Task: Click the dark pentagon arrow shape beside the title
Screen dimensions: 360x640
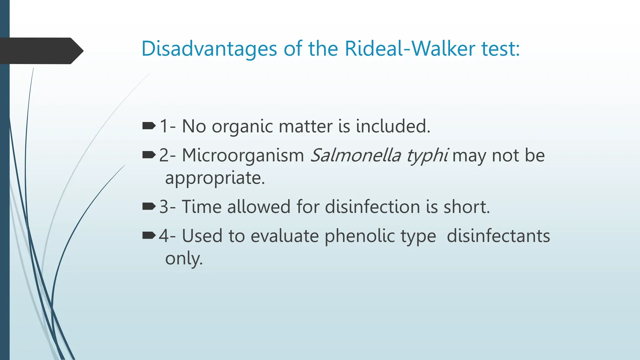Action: point(41,51)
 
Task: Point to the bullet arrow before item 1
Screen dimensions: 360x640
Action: point(149,126)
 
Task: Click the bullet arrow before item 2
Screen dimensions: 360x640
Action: point(149,155)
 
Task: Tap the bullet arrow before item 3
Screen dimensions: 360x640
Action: point(149,207)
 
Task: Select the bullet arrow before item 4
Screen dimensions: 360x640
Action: point(149,235)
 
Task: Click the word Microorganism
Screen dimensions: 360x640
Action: point(243,155)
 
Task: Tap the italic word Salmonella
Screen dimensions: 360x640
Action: point(355,155)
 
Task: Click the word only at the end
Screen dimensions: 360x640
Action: point(183,259)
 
